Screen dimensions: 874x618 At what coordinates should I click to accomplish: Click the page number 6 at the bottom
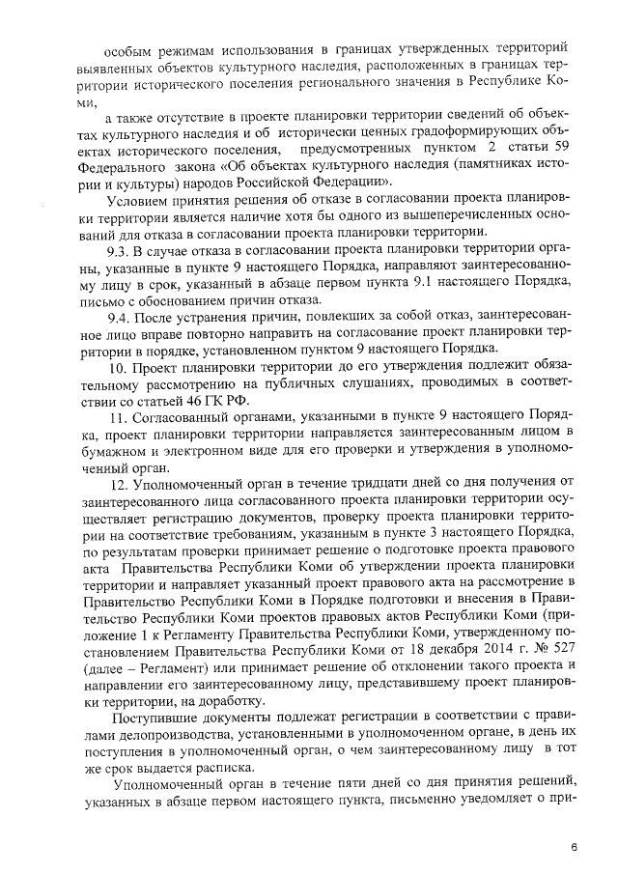pyautogui.click(x=574, y=847)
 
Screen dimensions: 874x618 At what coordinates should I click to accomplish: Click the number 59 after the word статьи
pyautogui.click(x=568, y=146)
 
